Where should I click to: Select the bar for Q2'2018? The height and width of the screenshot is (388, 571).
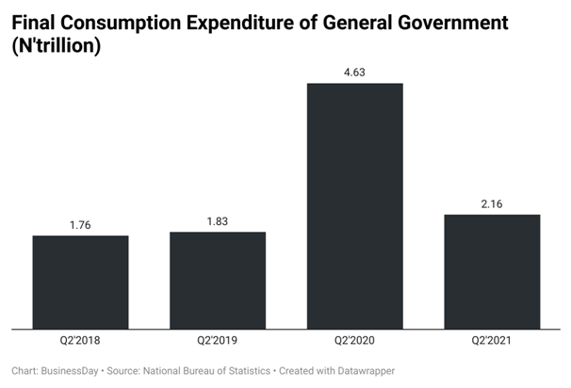point(80,283)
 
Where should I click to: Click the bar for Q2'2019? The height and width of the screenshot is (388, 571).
point(218,281)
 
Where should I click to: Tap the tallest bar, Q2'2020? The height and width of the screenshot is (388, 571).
point(355,206)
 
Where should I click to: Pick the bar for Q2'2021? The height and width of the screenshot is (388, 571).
point(493,272)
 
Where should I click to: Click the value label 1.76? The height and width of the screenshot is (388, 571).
point(80,224)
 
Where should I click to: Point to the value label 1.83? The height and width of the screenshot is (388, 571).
point(218,220)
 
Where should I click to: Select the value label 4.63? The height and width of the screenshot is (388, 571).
point(355,72)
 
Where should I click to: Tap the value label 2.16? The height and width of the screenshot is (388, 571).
point(493,203)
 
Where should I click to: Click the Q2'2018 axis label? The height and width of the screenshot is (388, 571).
point(80,341)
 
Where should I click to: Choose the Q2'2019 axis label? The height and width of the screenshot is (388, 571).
point(218,341)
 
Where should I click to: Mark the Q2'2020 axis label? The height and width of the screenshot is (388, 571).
point(355,341)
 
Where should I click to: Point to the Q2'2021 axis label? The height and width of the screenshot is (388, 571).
point(493,341)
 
